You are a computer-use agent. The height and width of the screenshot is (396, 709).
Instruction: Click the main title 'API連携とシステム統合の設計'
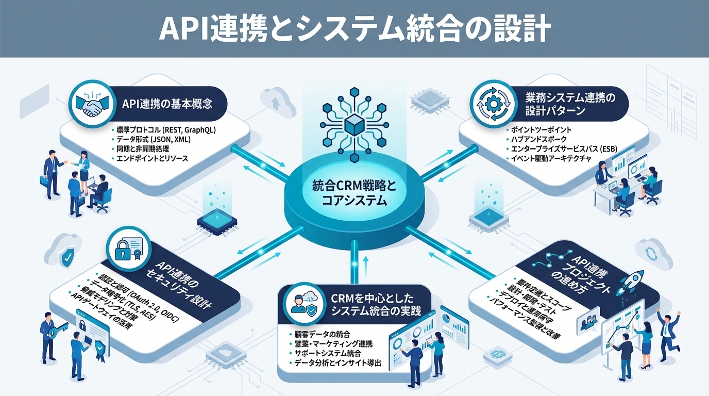pos(354,29)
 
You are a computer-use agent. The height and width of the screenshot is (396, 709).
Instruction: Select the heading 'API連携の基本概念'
pos(167,103)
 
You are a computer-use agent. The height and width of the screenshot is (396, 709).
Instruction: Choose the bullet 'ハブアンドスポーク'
pos(539,140)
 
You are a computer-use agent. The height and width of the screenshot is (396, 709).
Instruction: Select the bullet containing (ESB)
pos(564,150)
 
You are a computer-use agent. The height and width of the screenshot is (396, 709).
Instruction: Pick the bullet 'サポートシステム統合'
pos(328,354)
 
